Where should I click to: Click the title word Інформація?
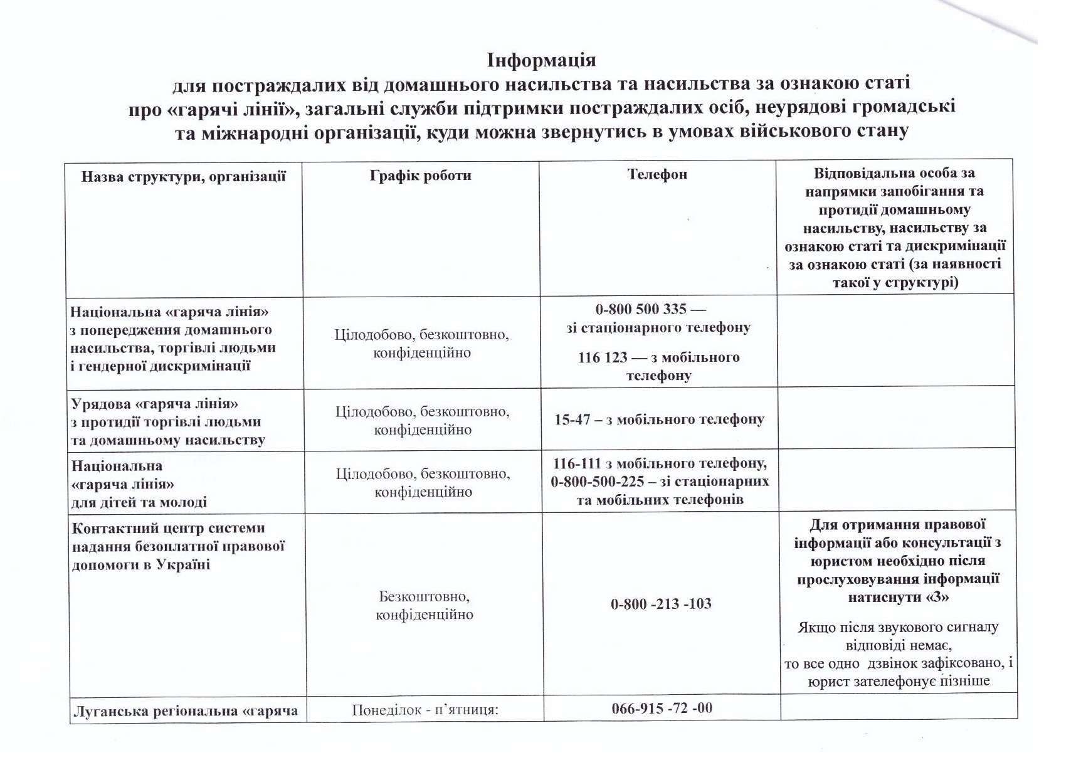pos(541,60)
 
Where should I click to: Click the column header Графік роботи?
pos(420,175)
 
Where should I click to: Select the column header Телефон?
pos(657,174)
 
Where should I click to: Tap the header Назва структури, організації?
pos(183,176)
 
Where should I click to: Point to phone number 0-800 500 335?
pos(632,309)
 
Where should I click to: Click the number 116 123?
pos(602,357)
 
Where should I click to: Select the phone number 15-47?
pos(572,419)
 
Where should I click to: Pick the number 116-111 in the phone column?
pos(576,463)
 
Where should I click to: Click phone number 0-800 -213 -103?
pos(660,604)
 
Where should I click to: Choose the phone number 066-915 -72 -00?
pos(662,708)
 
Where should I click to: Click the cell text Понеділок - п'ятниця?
pos(425,710)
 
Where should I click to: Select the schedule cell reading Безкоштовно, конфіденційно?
pos(425,605)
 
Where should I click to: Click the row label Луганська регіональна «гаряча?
pos(186,711)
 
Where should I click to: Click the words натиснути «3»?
pos(898,597)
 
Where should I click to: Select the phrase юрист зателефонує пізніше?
pos(899,680)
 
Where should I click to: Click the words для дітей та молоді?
pos(139,502)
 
